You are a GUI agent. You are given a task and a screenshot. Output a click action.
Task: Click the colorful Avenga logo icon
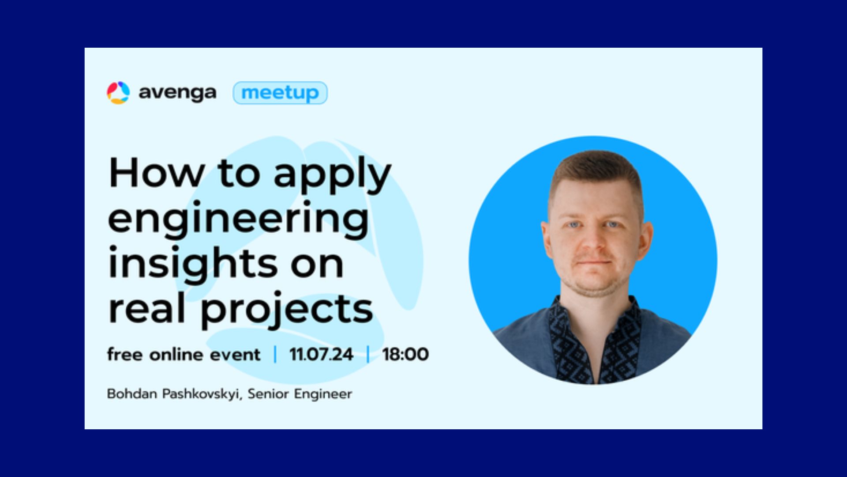pyautogui.click(x=118, y=93)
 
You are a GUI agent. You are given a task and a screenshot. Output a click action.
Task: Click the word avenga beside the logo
pyautogui.click(x=177, y=93)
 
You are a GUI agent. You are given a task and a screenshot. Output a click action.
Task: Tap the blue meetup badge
pyautogui.click(x=280, y=93)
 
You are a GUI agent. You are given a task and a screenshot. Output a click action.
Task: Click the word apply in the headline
pyautogui.click(x=332, y=175)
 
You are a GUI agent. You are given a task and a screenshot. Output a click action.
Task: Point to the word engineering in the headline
pyautogui.click(x=239, y=219)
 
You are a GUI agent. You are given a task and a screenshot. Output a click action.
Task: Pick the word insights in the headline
pyautogui.click(x=193, y=264)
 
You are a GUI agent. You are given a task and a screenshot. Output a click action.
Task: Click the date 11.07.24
pyautogui.click(x=321, y=354)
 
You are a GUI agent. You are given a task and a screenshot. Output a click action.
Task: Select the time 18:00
pyautogui.click(x=405, y=354)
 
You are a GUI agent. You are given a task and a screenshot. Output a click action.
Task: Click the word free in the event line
pyautogui.click(x=125, y=354)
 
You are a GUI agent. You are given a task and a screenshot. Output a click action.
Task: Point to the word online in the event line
pyautogui.click(x=176, y=354)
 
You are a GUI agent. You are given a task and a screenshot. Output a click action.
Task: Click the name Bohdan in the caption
pyautogui.click(x=132, y=394)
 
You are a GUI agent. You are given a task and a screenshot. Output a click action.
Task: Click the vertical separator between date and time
pyautogui.click(x=368, y=354)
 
